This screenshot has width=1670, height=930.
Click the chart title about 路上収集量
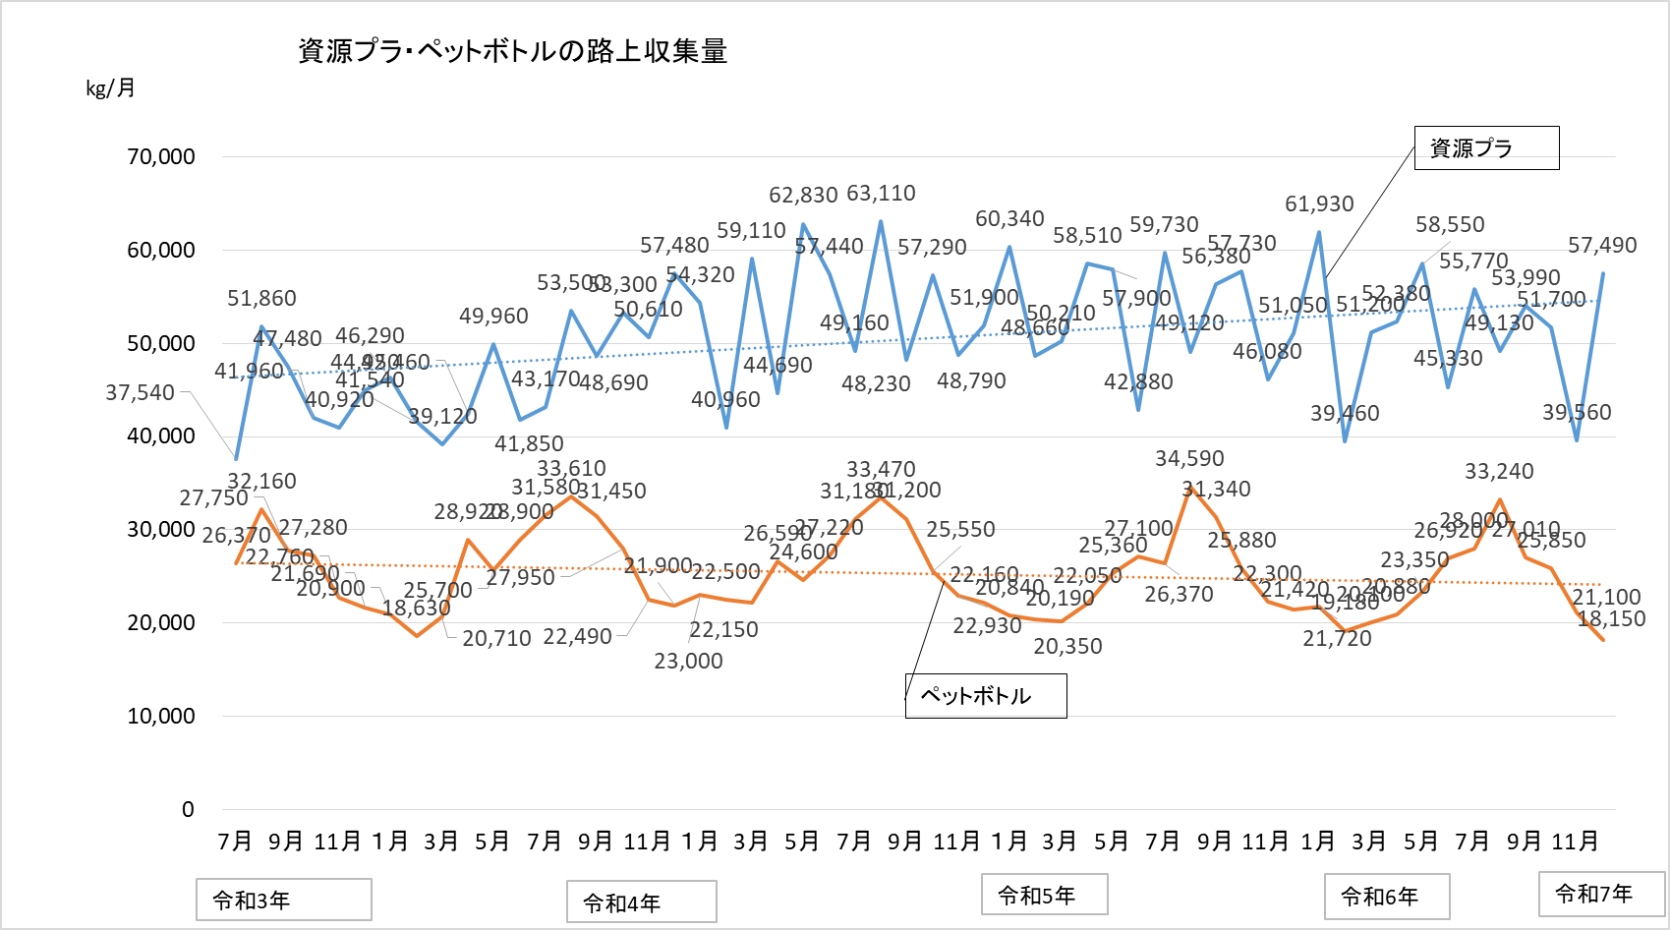pyautogui.click(x=512, y=51)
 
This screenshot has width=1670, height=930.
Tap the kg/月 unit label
pyautogui.click(x=110, y=88)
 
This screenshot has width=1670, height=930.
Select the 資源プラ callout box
pyautogui.click(x=1485, y=148)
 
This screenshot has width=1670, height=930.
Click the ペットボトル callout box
pyautogui.click(x=985, y=696)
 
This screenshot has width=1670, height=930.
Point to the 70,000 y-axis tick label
pyautogui.click(x=161, y=156)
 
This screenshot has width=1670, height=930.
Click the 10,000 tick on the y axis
pyautogui.click(x=161, y=716)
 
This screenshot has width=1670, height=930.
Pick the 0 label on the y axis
pyautogui.click(x=188, y=809)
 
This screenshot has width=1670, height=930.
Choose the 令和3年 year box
pyautogui.click(x=283, y=900)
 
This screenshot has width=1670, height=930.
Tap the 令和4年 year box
pyautogui.click(x=641, y=901)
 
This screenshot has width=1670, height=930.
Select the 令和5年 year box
pyautogui.click(x=1044, y=895)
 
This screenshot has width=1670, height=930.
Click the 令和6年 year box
pyautogui.click(x=1386, y=897)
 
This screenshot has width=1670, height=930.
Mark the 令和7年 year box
pyautogui.click(x=1600, y=894)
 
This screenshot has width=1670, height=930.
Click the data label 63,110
pyautogui.click(x=881, y=194)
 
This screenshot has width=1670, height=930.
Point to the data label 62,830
pyautogui.click(x=803, y=196)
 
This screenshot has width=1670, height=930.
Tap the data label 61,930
pyautogui.click(x=1319, y=204)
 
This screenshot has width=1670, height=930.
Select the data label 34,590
pyautogui.click(x=1189, y=459)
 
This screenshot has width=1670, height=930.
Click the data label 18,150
pyautogui.click(x=1611, y=619)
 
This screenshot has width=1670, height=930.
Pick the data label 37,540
pyautogui.click(x=140, y=393)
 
